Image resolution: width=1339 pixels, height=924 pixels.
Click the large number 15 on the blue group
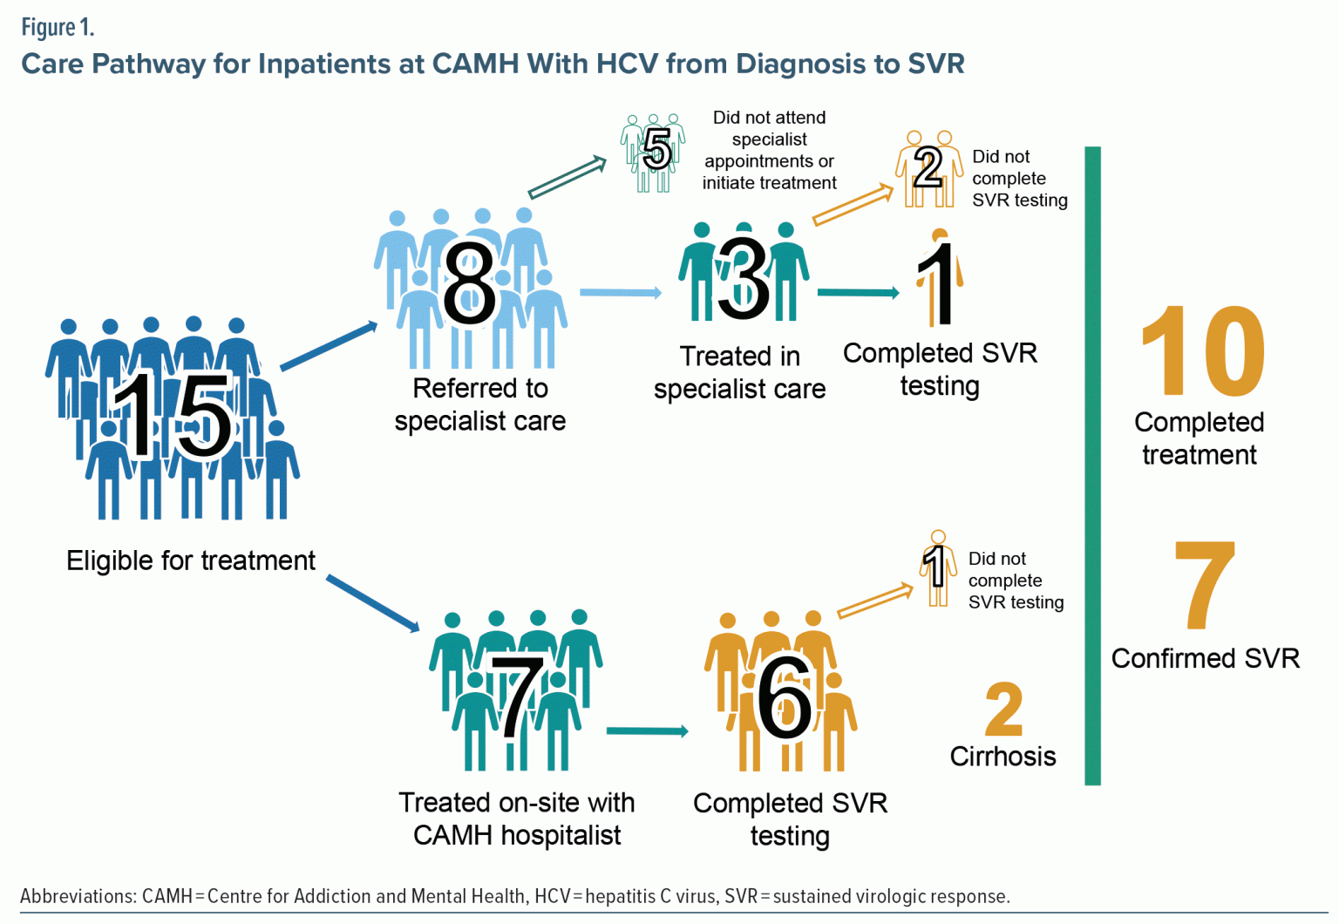tap(173, 416)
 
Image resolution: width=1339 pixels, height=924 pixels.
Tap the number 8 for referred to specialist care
tap(469, 284)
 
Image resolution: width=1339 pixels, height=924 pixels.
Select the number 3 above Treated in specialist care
tap(744, 277)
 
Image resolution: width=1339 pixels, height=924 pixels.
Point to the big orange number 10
tap(1203, 351)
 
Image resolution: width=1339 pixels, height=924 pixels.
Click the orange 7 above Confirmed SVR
tap(1206, 585)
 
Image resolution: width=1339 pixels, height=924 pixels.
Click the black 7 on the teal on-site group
tap(517, 697)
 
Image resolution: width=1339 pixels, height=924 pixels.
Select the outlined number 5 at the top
tap(656, 149)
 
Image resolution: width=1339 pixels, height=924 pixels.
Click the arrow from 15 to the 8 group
tap(329, 346)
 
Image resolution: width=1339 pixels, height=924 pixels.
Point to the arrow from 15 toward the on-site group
tap(373, 602)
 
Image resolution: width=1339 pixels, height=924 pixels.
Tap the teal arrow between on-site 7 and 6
tap(647, 730)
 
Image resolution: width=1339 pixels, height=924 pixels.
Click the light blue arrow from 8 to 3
tap(620, 293)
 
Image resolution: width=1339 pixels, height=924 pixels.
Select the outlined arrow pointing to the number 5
tap(568, 178)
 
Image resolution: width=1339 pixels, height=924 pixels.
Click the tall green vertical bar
tap(1092, 465)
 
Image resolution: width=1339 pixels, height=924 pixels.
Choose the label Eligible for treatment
tap(191, 561)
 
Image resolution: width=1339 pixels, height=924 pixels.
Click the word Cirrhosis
tap(1003, 756)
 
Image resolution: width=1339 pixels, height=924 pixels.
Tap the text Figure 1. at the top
tap(58, 28)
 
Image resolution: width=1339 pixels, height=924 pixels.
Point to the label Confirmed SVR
tap(1205, 658)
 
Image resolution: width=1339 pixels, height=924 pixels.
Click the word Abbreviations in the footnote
tap(76, 896)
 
